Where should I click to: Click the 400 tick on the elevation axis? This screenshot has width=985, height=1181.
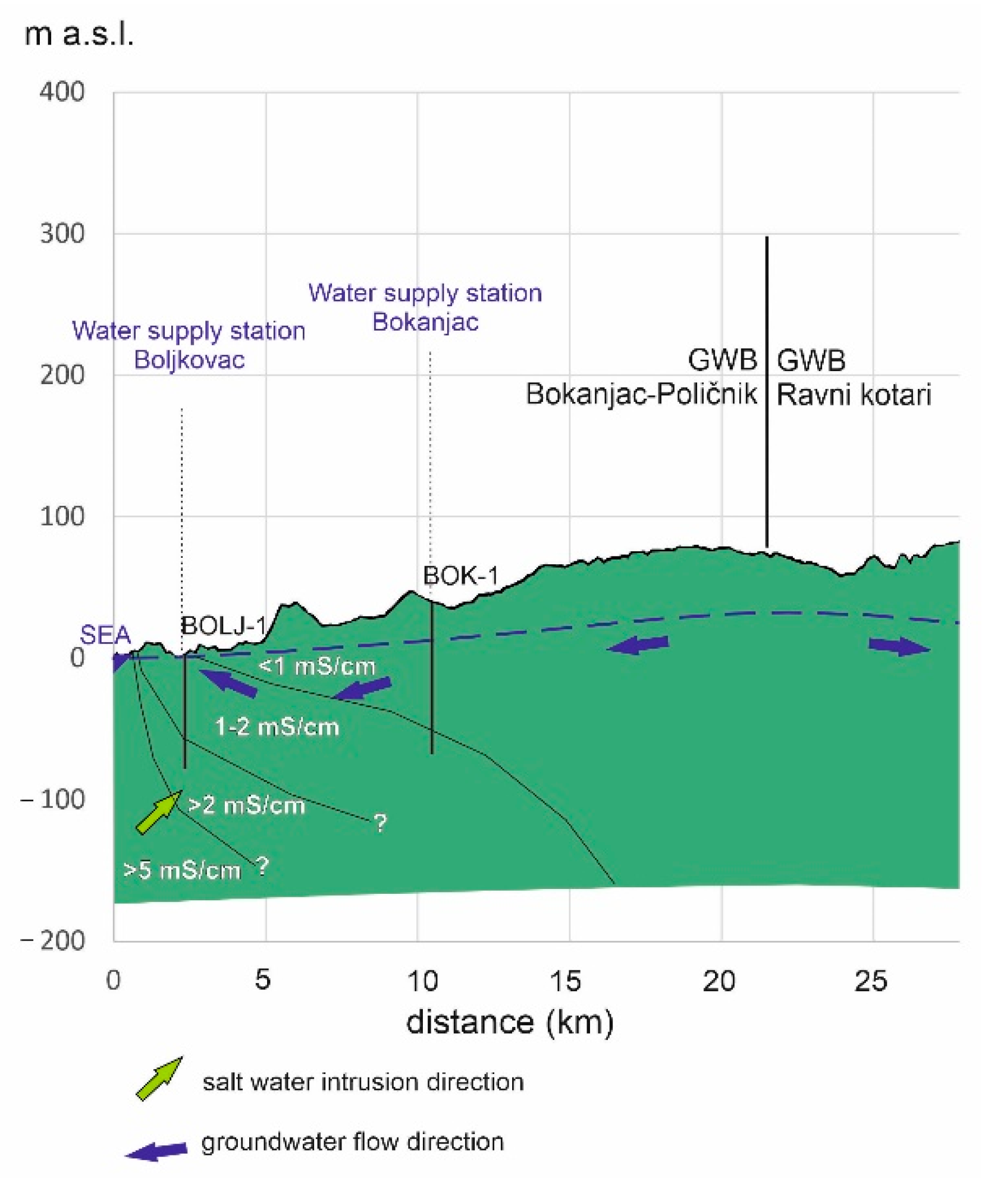[62, 92]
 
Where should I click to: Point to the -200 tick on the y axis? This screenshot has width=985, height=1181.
[54, 941]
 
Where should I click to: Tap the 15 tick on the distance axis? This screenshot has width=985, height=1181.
[565, 982]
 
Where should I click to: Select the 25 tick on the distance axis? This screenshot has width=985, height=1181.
[871, 982]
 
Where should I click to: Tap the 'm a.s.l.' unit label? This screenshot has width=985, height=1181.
[79, 34]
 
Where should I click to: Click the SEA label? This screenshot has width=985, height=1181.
[105, 635]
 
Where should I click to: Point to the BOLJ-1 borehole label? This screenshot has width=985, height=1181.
[223, 626]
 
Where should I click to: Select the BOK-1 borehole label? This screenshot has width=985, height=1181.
[460, 576]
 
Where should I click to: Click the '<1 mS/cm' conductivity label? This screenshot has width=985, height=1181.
[317, 666]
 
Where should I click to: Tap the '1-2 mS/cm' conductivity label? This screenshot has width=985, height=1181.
[277, 727]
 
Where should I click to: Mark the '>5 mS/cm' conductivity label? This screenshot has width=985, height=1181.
[181, 871]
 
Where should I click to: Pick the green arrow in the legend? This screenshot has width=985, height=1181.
[159, 1079]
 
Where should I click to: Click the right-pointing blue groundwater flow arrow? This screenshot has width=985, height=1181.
[899, 646]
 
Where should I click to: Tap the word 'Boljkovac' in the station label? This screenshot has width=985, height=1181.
[189, 360]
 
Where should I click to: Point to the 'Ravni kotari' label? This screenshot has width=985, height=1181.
[854, 395]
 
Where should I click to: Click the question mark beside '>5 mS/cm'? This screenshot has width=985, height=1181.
[262, 867]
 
